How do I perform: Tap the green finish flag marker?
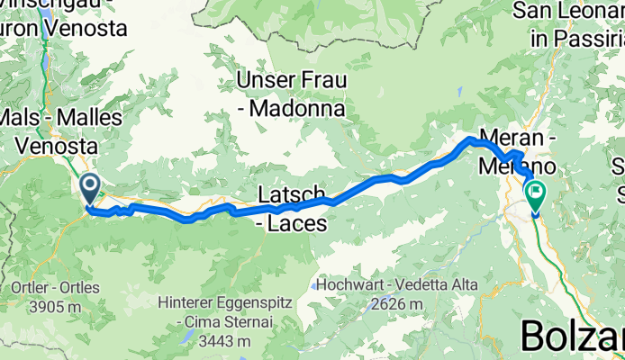pos(536,193)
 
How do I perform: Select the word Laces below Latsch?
pos(296,225)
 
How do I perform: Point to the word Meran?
pos(512,139)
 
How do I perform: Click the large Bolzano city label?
pos(572,337)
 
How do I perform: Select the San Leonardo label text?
pos(567,12)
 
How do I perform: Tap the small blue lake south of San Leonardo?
pos(459,90)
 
